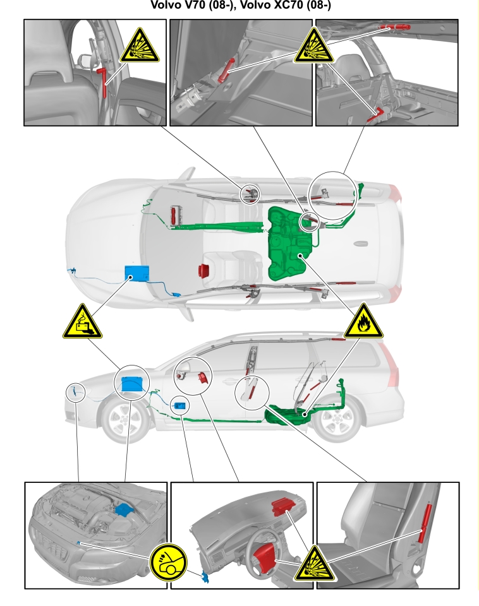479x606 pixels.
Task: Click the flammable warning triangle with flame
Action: click(364, 321)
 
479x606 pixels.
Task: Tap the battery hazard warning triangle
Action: click(82, 321)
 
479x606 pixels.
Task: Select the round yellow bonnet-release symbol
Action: click(168, 562)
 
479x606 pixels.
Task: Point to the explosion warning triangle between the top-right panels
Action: click(314, 45)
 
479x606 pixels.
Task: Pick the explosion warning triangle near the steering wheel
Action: click(314, 564)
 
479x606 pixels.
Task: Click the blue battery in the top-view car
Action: click(137, 273)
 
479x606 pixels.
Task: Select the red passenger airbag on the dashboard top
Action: click(284, 506)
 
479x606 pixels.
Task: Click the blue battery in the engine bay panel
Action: click(124, 509)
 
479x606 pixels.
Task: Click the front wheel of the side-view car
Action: click(124, 420)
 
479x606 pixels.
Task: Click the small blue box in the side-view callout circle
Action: click(180, 406)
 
